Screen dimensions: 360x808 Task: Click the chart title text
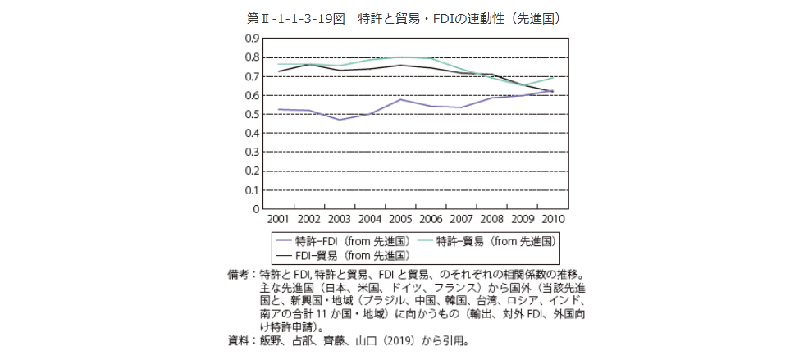pyautogui.click(x=403, y=18)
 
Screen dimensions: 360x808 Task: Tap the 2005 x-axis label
pyautogui.click(x=400, y=220)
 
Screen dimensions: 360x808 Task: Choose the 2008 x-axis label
pyautogui.click(x=492, y=220)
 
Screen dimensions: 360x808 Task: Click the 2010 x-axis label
pyautogui.click(x=552, y=220)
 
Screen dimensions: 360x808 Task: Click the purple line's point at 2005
pyautogui.click(x=400, y=99)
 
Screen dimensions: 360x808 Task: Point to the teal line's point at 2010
pyautogui.click(x=552, y=77)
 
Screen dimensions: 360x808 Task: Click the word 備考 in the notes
pyautogui.click(x=240, y=273)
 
